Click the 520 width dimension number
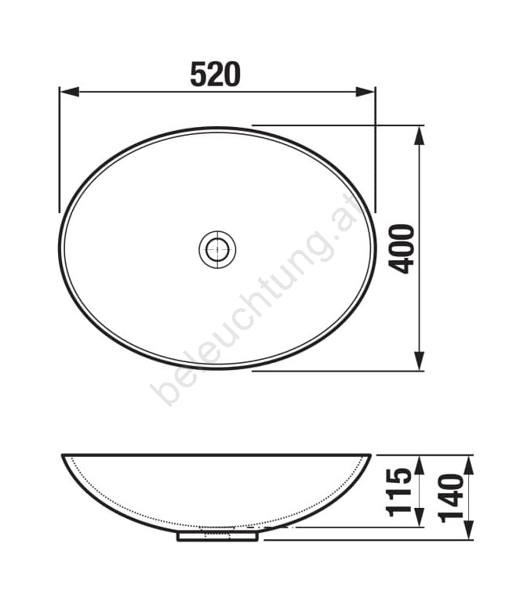[x=216, y=74]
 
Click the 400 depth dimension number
[x=402, y=248]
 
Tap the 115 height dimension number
[x=399, y=492]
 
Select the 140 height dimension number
[x=452, y=498]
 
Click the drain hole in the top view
[x=217, y=249]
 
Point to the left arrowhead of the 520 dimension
[x=70, y=92]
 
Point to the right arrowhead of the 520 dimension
[x=365, y=92]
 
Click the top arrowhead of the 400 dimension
[x=419, y=136]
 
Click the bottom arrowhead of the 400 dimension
[x=419, y=361]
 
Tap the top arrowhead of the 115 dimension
[x=420, y=465]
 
